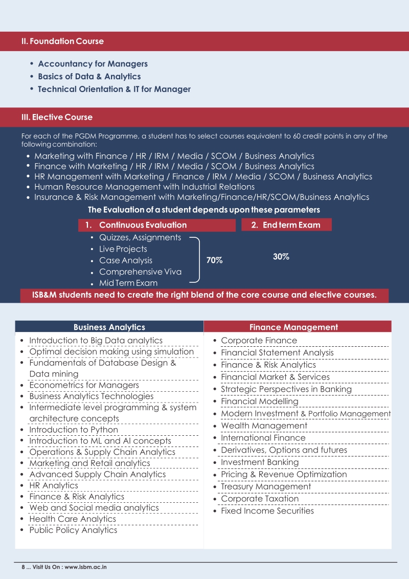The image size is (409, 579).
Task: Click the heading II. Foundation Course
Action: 62,41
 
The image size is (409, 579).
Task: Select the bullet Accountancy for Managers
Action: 93,64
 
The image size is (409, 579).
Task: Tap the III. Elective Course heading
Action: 57,117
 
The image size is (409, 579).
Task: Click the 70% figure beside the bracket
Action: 214,260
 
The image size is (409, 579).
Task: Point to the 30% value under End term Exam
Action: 281,257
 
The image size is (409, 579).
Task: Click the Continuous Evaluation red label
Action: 143,225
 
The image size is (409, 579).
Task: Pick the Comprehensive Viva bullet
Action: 140,272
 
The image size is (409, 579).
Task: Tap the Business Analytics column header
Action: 109,327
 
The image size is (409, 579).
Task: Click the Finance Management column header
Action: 293,327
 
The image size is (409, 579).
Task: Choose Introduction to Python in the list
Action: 73,430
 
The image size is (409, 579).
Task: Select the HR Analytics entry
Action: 53,485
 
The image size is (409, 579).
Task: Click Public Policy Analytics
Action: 73,530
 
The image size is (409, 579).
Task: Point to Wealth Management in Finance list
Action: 264,426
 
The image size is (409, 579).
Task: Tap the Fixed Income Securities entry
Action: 267,510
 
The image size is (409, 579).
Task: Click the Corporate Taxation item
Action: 260,499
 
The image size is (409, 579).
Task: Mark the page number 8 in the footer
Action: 24,567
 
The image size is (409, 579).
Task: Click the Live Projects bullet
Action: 123,249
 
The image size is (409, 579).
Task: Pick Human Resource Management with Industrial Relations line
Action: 144,187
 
